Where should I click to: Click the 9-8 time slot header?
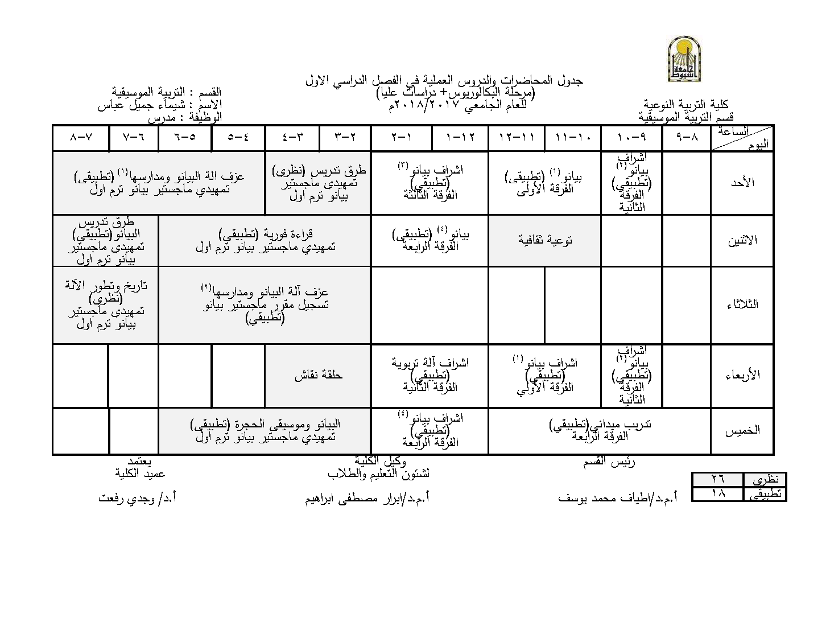(x=687, y=138)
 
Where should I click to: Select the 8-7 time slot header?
(x=80, y=138)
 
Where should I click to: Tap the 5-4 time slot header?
(x=238, y=138)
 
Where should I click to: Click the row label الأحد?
(x=742, y=183)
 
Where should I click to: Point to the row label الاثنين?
(x=742, y=240)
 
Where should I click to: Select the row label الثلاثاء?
(x=742, y=304)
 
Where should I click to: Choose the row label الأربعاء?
(x=742, y=376)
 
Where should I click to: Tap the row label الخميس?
(x=742, y=431)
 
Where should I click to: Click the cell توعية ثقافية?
(x=545, y=240)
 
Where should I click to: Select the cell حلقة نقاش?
(x=318, y=376)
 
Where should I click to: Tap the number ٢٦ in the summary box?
(x=718, y=479)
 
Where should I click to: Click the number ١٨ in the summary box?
(x=718, y=493)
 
